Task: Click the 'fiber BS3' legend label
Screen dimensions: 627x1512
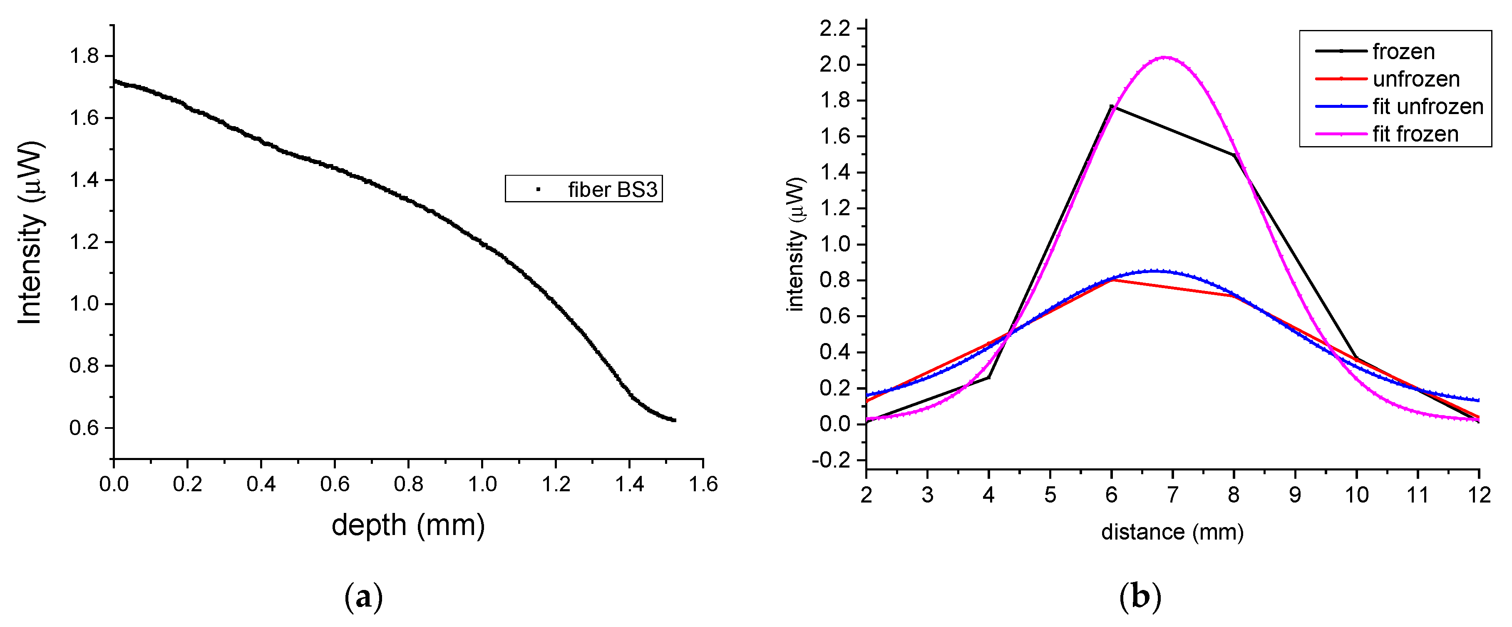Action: click(x=612, y=189)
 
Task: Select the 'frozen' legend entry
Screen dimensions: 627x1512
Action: click(x=1403, y=52)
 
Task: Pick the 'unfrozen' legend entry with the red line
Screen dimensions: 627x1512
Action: click(x=1416, y=79)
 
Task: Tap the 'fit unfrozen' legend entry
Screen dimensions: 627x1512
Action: click(x=1428, y=106)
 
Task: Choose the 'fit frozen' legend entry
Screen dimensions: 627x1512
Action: click(x=1415, y=134)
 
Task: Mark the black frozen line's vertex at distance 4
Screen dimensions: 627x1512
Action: click(x=989, y=377)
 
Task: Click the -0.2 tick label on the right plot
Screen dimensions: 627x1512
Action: click(x=830, y=460)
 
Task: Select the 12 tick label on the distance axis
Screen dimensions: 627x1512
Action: click(x=1479, y=495)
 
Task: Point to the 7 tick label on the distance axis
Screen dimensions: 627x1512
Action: click(x=1172, y=495)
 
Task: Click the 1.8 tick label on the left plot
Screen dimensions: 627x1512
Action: click(x=84, y=56)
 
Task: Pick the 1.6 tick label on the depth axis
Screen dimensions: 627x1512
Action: click(x=703, y=484)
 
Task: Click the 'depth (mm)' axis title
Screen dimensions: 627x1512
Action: click(x=408, y=524)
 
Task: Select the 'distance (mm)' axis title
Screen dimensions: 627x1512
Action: click(x=1172, y=532)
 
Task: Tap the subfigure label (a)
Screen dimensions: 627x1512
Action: click(x=363, y=597)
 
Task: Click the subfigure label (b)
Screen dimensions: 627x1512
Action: click(x=1140, y=597)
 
